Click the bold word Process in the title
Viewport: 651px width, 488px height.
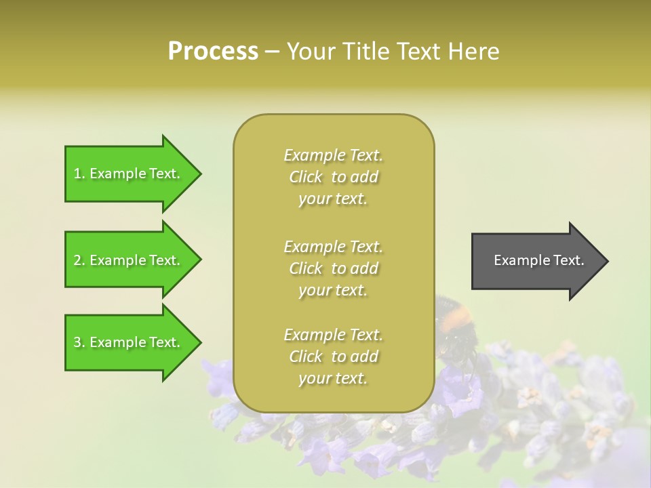pyautogui.click(x=213, y=52)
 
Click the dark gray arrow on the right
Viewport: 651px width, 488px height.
pyautogui.click(x=536, y=260)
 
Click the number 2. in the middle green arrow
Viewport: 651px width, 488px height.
pyautogui.click(x=79, y=260)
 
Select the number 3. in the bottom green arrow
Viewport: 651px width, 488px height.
pyautogui.click(x=79, y=342)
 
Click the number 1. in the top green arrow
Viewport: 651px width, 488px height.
pyautogui.click(x=79, y=174)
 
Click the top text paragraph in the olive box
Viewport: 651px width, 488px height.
pyautogui.click(x=333, y=177)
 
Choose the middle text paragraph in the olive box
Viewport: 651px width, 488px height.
pyautogui.click(x=333, y=268)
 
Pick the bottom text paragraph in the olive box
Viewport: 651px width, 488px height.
pyautogui.click(x=333, y=357)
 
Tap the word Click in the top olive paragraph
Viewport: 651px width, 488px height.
pyautogui.click(x=306, y=177)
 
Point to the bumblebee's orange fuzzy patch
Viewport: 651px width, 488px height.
pyautogui.click(x=459, y=313)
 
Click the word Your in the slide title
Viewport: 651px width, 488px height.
pyautogui.click(x=309, y=52)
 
